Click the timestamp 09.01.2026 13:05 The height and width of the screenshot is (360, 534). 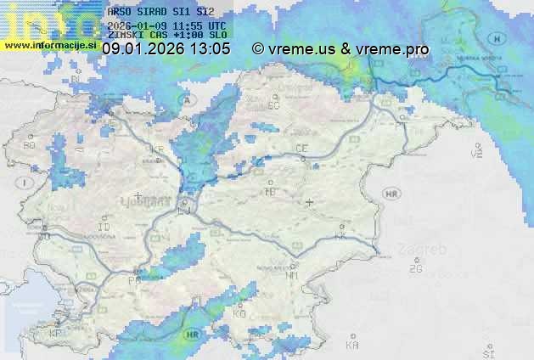[166, 49]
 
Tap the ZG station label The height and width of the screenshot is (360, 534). [415, 269]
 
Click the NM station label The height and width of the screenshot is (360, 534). [293, 275]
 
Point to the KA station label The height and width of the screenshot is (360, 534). [352, 345]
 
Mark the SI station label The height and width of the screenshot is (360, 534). [487, 353]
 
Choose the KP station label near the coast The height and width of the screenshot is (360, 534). [56, 334]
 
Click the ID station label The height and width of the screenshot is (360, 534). [104, 228]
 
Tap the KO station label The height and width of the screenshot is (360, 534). [239, 313]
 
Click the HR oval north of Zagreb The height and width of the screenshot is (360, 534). [391, 194]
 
